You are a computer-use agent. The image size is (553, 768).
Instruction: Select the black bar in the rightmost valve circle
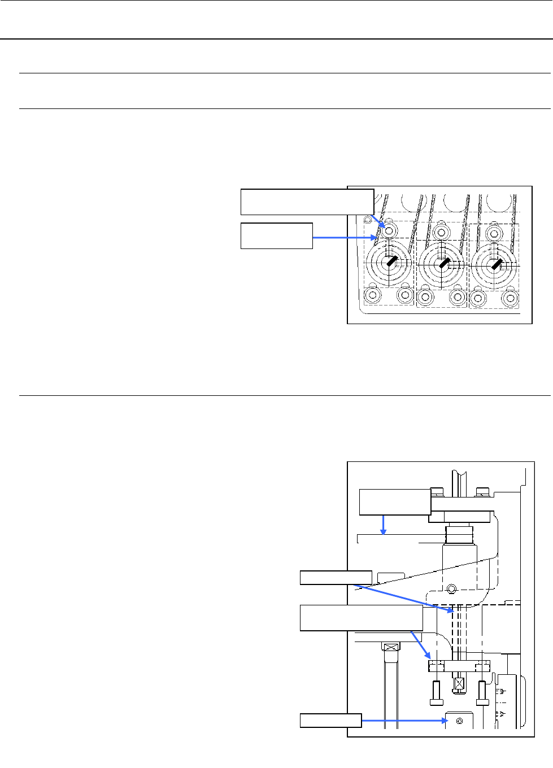pyautogui.click(x=496, y=263)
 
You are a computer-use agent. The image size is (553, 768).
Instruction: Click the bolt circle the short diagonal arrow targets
pyautogui.click(x=389, y=231)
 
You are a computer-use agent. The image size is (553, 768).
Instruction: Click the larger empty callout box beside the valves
pyautogui.click(x=307, y=202)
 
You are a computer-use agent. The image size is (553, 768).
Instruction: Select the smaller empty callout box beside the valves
pyautogui.click(x=277, y=235)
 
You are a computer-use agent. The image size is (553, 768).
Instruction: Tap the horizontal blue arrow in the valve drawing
pyautogui.click(x=343, y=238)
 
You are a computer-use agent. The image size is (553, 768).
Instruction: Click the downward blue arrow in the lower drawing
pyautogui.click(x=384, y=524)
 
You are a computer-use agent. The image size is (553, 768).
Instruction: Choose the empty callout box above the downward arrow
pyautogui.click(x=395, y=502)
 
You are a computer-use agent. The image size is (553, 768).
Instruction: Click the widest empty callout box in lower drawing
pyautogui.click(x=362, y=618)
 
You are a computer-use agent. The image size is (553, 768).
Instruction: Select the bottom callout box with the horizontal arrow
pyautogui.click(x=330, y=720)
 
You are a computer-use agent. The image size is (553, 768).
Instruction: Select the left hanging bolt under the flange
pyautogui.click(x=436, y=693)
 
